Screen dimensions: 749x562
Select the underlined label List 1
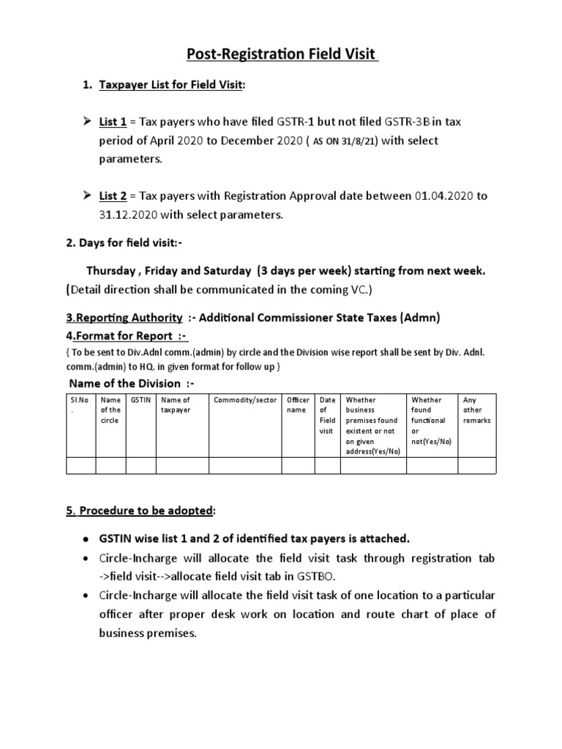tap(113, 121)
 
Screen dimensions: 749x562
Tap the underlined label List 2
tap(113, 196)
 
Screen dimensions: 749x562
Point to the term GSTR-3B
tap(394, 121)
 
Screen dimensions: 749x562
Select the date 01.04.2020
tap(443, 196)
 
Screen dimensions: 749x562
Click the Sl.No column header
tap(80, 405)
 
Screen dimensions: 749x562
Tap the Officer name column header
tap(298, 405)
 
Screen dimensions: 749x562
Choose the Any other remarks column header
tap(476, 410)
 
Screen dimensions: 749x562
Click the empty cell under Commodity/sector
tap(245, 465)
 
